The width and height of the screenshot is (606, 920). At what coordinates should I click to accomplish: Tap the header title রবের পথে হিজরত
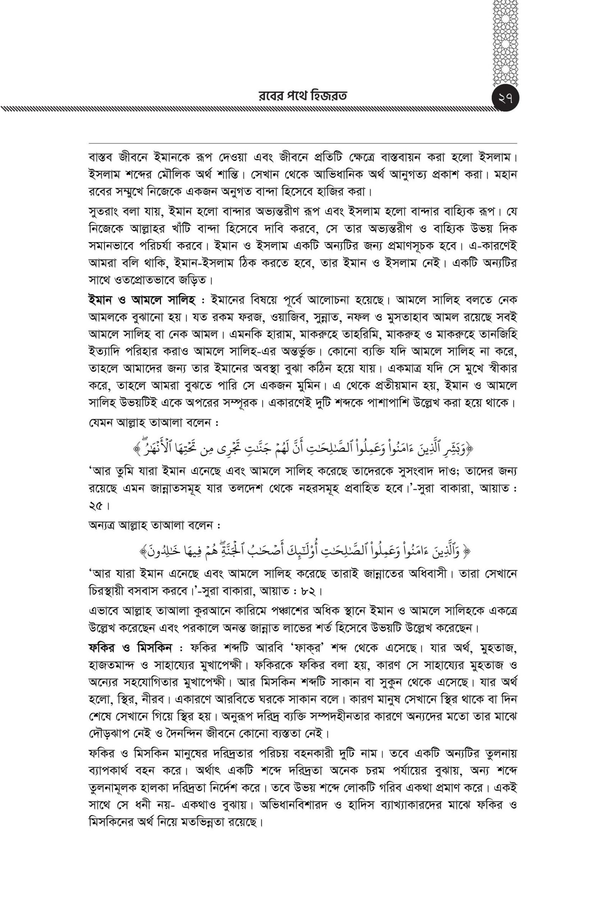coord(303,95)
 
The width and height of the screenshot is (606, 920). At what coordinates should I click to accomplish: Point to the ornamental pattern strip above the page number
coord(506,42)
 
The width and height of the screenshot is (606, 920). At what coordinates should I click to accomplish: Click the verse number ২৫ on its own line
coord(96,505)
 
